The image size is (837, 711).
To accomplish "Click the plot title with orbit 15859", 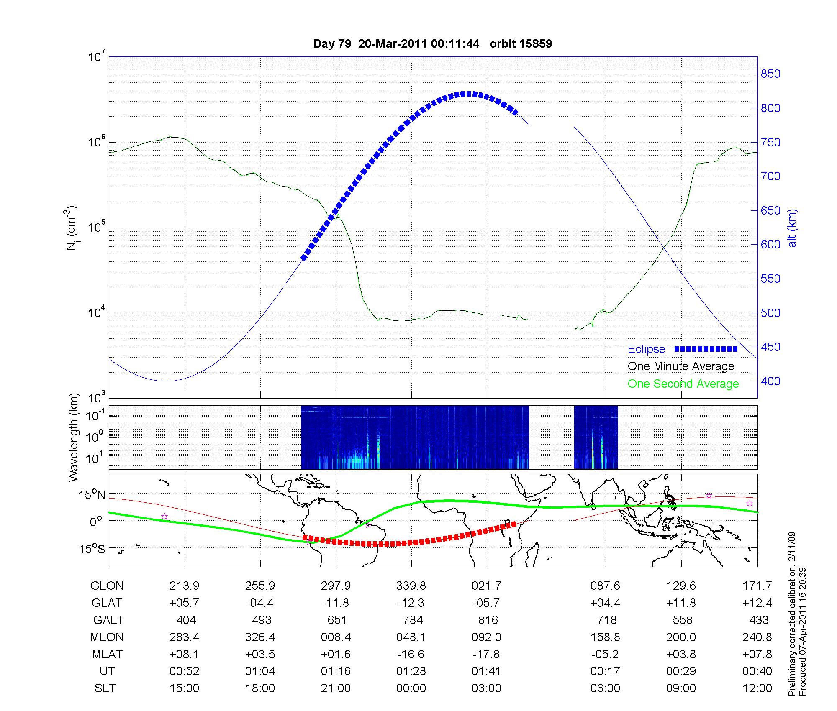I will (x=432, y=44).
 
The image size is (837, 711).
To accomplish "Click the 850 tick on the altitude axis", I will (x=770, y=74).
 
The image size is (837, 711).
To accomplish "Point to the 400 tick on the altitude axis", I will (x=770, y=381).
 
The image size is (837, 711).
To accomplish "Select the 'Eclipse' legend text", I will (x=646, y=349).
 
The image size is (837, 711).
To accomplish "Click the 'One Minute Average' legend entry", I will (x=681, y=366).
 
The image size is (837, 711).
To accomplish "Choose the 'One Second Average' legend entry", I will (x=683, y=384).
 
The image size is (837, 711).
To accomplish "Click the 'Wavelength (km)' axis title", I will (x=74, y=437).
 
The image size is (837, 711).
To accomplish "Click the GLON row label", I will (x=107, y=586).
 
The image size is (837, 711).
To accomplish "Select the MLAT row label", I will (x=107, y=654).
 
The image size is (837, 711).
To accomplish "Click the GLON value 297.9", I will (x=336, y=586).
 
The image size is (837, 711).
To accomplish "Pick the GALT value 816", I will (x=488, y=620).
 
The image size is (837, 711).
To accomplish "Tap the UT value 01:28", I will (x=411, y=671).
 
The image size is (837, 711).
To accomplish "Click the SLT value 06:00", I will (x=605, y=688).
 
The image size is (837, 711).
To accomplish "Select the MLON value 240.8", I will (x=757, y=637).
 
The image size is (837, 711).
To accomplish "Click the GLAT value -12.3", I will (x=411, y=603).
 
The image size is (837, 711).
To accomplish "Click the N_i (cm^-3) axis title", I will (x=72, y=228).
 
